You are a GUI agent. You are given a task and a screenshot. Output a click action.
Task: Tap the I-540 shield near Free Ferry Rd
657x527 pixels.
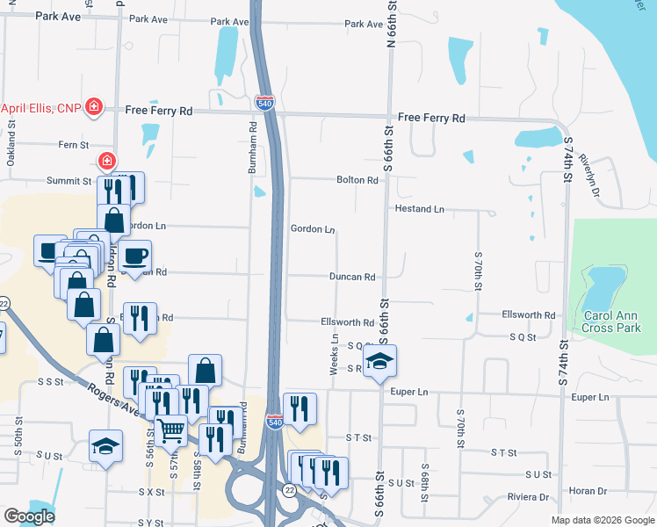point(264,103)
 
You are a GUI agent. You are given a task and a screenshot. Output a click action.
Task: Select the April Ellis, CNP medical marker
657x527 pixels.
point(93,109)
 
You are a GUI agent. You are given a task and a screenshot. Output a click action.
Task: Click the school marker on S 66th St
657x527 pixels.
point(380,360)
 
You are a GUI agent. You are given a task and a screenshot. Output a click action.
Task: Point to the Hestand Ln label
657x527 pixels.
point(420,209)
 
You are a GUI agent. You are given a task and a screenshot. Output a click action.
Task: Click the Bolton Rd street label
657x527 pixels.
point(357,180)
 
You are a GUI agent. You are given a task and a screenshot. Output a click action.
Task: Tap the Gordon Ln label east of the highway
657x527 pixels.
point(313,229)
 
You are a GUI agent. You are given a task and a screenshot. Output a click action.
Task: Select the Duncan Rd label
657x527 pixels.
point(352,277)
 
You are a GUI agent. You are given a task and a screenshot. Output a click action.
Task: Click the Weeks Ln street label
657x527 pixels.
point(335,354)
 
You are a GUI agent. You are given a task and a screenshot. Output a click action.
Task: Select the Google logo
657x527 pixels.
point(29,516)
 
